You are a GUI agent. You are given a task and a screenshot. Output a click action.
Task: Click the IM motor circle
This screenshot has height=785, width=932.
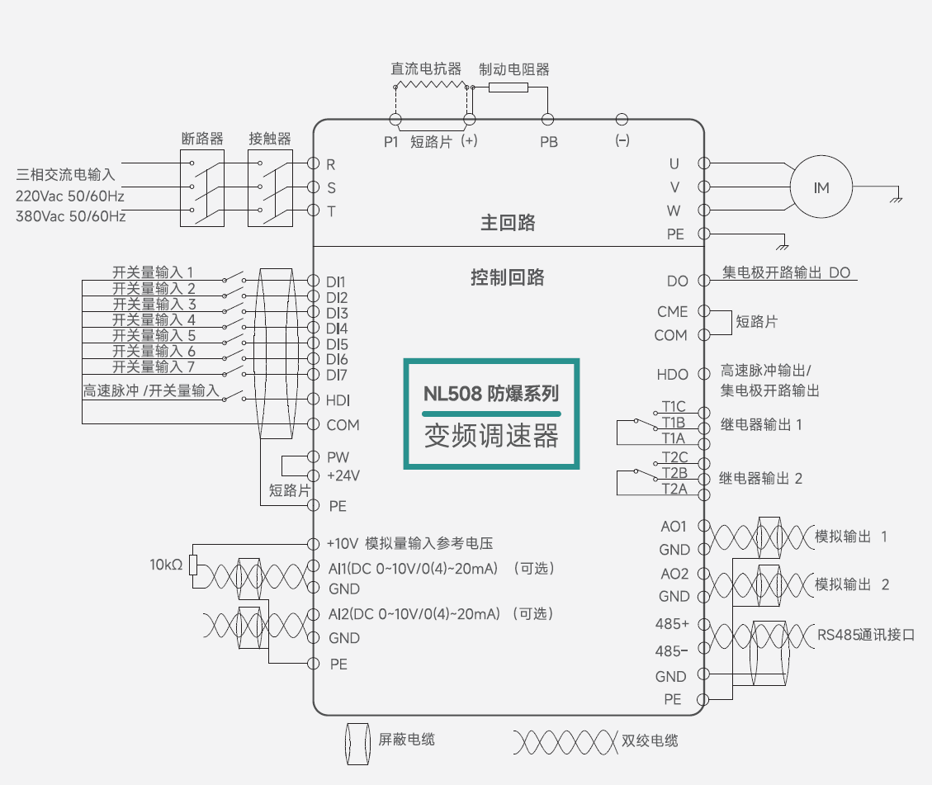click(x=821, y=188)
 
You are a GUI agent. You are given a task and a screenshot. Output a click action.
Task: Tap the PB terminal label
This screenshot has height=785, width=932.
click(x=549, y=142)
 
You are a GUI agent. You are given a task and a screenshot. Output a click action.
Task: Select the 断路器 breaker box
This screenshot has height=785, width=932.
click(x=202, y=187)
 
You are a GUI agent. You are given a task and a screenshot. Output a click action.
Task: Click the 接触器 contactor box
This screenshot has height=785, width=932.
click(x=270, y=187)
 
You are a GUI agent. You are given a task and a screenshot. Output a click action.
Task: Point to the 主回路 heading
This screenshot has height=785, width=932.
click(x=509, y=223)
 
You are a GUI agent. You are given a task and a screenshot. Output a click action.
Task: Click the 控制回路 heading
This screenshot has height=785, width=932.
click(x=508, y=277)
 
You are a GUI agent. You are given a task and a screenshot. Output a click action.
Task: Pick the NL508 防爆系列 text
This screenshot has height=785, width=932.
click(x=491, y=393)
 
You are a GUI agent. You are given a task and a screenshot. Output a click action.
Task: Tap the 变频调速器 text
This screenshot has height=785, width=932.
click(x=491, y=435)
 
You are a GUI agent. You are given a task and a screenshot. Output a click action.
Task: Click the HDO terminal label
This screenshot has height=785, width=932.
click(x=672, y=375)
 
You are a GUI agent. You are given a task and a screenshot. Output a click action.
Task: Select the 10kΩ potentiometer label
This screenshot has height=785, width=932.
click(x=166, y=565)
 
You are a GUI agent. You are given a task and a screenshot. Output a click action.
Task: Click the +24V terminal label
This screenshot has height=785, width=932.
click(x=343, y=476)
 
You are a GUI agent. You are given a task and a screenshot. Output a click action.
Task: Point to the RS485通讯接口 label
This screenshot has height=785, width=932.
click(x=866, y=635)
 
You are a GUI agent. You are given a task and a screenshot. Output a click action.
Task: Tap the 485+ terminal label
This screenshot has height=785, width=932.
click(x=672, y=622)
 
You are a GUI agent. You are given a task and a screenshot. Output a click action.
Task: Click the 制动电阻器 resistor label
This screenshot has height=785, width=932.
click(x=514, y=70)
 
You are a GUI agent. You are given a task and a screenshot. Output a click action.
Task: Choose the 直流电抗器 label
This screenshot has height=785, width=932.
click(x=426, y=70)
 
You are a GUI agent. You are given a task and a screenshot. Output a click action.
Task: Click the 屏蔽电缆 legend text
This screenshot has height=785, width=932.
click(x=406, y=740)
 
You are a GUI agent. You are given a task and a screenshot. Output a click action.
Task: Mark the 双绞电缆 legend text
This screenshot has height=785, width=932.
click(x=650, y=740)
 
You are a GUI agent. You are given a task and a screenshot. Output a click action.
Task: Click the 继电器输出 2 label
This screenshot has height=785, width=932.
click(x=760, y=478)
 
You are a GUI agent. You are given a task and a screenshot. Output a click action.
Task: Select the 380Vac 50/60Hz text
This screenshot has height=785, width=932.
click(x=71, y=216)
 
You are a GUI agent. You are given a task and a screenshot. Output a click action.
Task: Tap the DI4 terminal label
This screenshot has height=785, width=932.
click(x=337, y=329)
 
